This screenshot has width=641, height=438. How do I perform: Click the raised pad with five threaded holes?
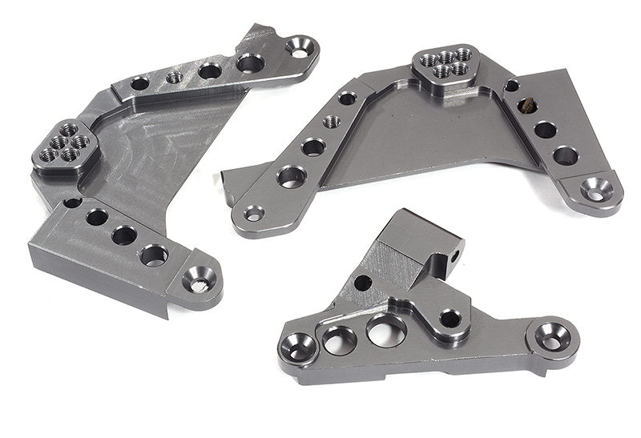(x=67, y=147)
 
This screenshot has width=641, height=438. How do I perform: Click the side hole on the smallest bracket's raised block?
(x=454, y=257)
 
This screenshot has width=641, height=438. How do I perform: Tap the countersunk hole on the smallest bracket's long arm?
(x=553, y=337)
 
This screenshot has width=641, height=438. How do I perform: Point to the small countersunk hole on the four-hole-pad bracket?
(x=254, y=213)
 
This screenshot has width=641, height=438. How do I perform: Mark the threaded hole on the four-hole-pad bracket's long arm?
(x=331, y=122)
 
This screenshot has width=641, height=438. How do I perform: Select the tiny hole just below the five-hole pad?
(x=72, y=202)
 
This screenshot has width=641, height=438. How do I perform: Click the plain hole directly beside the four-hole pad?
(x=510, y=86)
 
